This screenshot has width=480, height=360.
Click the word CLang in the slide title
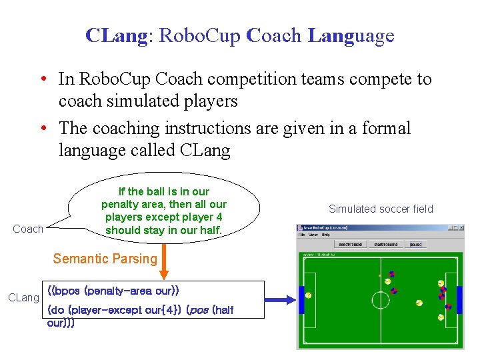pyautogui.click(x=116, y=35)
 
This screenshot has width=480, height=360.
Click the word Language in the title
pyautogui.click(x=351, y=35)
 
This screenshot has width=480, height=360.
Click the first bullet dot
pyautogui.click(x=43, y=79)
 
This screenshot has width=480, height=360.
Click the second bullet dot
pyautogui.click(x=43, y=127)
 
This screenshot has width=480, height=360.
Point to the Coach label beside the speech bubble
pyautogui.click(x=28, y=229)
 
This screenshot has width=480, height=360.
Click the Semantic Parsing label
pyautogui.click(x=105, y=259)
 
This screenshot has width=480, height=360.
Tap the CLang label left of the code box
pyautogui.click(x=23, y=297)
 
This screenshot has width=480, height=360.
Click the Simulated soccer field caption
pyautogui.click(x=381, y=209)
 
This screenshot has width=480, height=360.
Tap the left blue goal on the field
pyautogui.click(x=301, y=300)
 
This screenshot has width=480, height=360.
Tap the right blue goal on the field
pyautogui.click(x=459, y=300)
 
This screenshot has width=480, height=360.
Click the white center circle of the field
pyautogui.click(x=380, y=300)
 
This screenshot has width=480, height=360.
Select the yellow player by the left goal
pyautogui.click(x=309, y=295)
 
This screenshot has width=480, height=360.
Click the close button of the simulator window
pyautogui.click(x=458, y=228)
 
